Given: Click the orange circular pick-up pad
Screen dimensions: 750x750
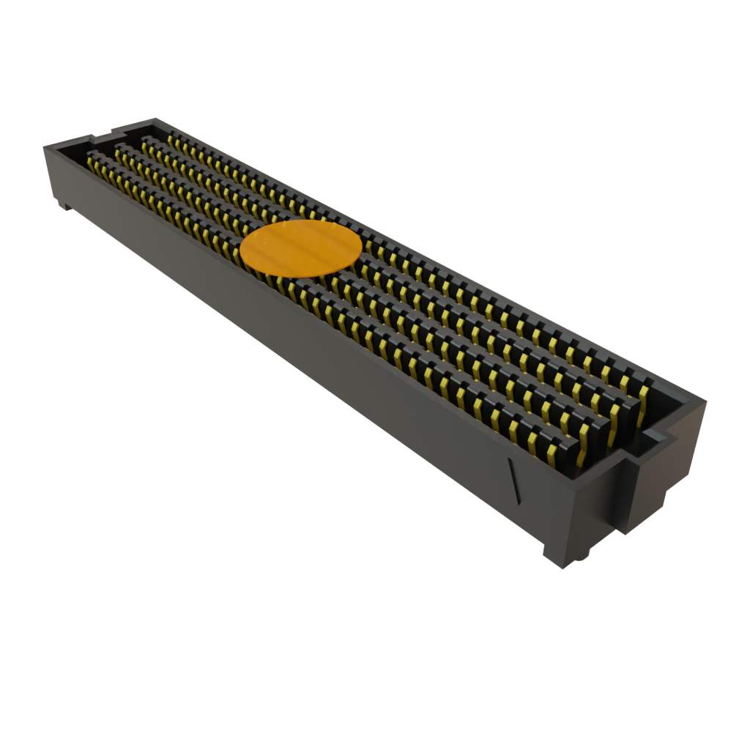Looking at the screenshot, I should [x=301, y=249].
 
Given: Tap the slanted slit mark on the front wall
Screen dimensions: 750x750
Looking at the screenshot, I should [x=514, y=480].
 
